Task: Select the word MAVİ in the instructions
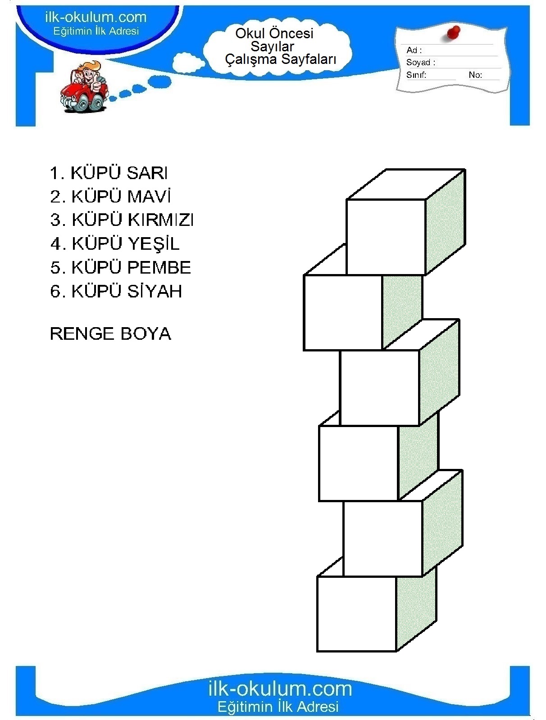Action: (149, 196)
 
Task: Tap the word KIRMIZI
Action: (160, 220)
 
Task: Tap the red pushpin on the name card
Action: (453, 33)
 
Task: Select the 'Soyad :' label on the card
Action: (421, 62)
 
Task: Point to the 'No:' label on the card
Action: (475, 75)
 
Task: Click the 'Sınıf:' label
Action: (416, 75)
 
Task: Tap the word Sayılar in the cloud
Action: (272, 47)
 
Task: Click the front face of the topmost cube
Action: (386, 237)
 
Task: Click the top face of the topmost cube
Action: (406, 184)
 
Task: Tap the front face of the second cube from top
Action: (343, 312)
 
